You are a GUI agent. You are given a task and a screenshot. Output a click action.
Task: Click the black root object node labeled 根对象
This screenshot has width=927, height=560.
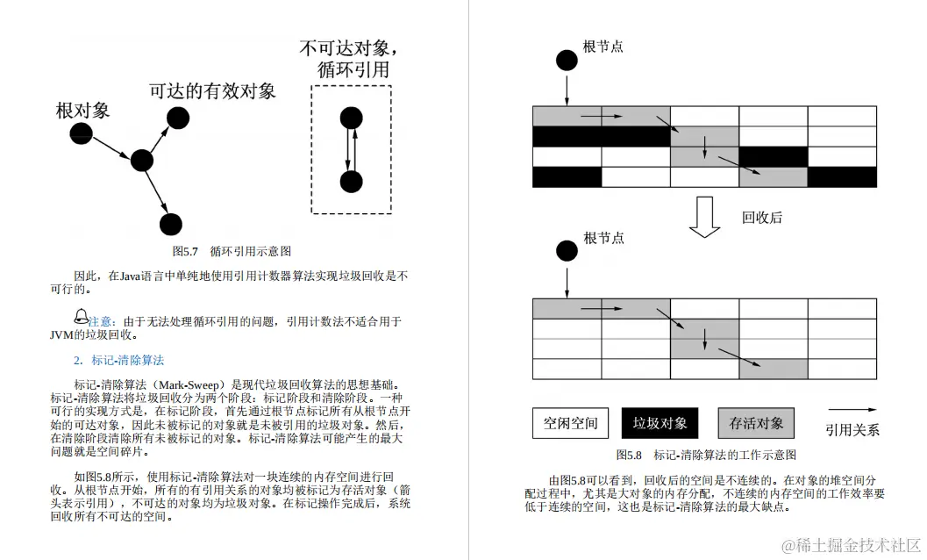(x=81, y=134)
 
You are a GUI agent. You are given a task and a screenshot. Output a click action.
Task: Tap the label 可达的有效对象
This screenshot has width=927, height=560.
(x=212, y=91)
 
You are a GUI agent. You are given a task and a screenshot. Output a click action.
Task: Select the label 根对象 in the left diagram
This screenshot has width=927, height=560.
(x=82, y=111)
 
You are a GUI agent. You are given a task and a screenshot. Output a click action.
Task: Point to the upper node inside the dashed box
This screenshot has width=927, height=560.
(x=351, y=117)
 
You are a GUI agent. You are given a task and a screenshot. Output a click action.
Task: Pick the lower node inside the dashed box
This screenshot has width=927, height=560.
(x=351, y=182)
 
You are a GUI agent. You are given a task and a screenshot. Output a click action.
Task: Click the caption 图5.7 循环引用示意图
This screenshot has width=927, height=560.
(x=232, y=251)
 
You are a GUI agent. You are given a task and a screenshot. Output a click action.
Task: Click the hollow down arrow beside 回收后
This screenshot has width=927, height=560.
(x=704, y=217)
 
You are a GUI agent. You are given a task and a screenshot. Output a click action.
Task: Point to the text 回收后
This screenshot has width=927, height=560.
(x=761, y=218)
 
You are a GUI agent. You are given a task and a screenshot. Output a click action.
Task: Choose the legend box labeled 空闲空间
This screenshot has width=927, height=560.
(x=570, y=423)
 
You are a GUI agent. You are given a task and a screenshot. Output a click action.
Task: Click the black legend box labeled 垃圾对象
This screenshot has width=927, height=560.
(x=660, y=423)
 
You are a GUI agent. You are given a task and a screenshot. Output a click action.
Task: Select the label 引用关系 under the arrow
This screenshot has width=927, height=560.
(x=852, y=430)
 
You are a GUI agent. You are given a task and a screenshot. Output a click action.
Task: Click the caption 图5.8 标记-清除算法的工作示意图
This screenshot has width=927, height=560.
(x=706, y=455)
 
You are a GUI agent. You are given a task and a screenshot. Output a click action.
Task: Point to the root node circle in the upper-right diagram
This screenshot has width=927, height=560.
(x=567, y=61)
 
